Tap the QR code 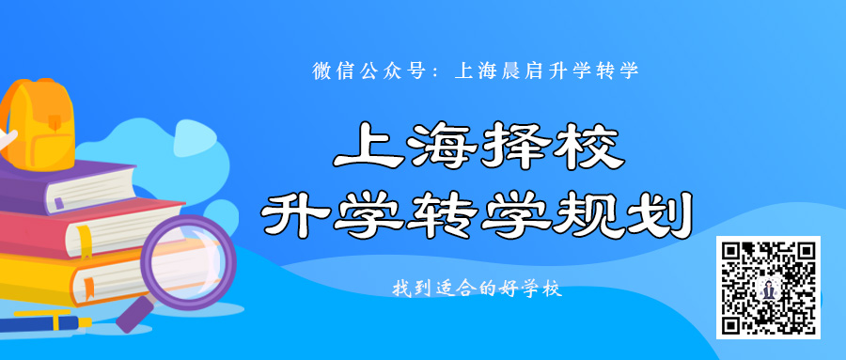pos(768,288)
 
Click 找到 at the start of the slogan pos(410,290)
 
